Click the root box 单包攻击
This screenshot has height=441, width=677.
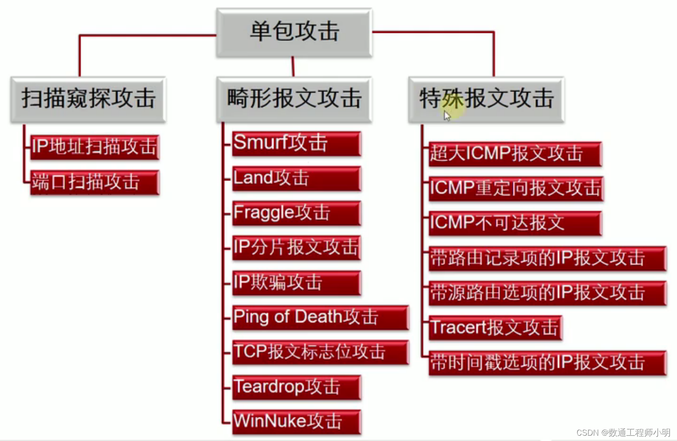(x=294, y=32)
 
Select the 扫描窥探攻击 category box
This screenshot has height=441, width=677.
(x=88, y=99)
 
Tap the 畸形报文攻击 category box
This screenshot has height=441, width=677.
(x=294, y=99)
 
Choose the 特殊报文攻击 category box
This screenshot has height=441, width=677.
(x=486, y=99)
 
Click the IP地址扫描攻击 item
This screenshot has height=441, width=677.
(x=94, y=147)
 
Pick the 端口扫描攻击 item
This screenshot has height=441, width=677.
(x=94, y=182)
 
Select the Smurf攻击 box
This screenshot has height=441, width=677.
(x=296, y=143)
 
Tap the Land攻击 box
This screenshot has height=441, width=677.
(x=296, y=178)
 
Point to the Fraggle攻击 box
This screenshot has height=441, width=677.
(x=296, y=213)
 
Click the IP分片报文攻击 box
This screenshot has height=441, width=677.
(x=296, y=248)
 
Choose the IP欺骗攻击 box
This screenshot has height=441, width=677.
(x=296, y=283)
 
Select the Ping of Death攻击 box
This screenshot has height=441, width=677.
(x=320, y=317)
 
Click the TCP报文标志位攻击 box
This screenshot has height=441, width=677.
(x=320, y=352)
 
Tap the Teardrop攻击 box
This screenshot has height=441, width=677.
(x=296, y=387)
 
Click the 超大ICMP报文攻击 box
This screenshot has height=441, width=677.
(x=515, y=154)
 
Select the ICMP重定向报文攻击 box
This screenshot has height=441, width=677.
(x=516, y=188)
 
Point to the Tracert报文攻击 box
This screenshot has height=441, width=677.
(x=495, y=328)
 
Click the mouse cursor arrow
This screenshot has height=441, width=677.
(x=447, y=116)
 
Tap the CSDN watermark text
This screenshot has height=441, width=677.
(x=623, y=433)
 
